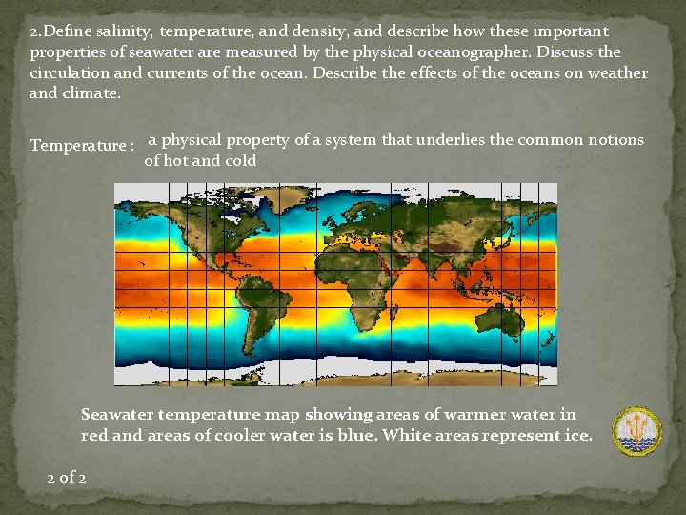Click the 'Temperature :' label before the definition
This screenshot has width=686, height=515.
(x=81, y=146)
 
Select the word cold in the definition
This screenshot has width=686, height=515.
(x=238, y=161)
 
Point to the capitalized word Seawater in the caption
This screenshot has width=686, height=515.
(x=117, y=415)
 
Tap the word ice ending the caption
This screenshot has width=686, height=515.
(x=577, y=436)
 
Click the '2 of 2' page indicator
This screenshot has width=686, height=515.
(x=67, y=477)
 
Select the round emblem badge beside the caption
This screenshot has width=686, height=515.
(x=636, y=431)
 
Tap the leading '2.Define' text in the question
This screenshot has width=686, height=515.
(x=58, y=31)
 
